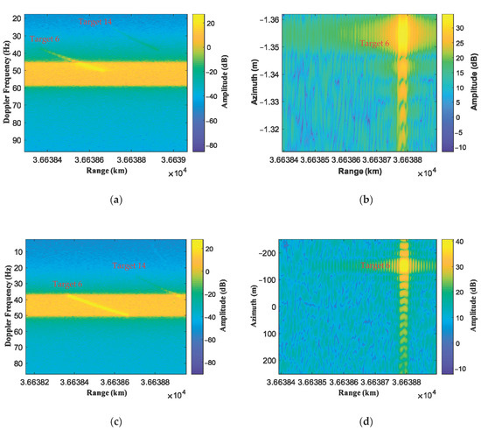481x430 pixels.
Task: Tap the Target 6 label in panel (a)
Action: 45,39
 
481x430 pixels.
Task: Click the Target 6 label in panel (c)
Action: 67,285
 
